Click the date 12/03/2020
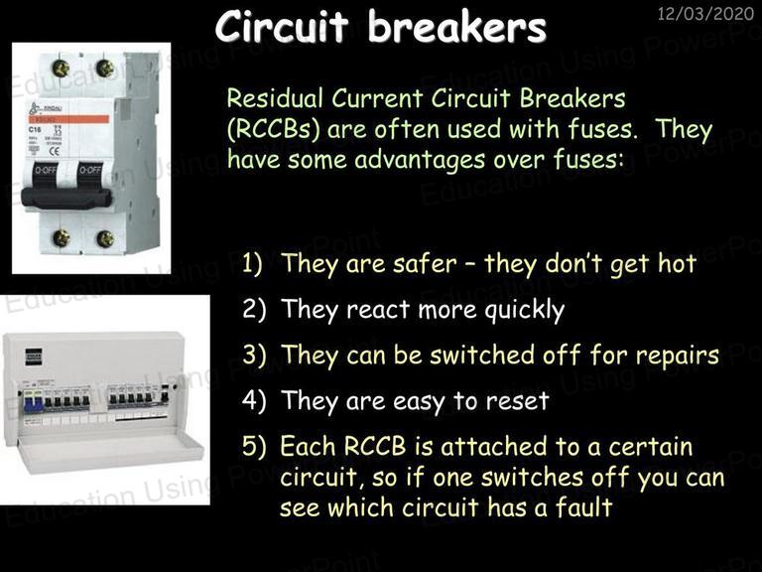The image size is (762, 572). (705, 13)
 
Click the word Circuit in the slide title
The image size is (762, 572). (282, 27)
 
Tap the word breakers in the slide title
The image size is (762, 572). (456, 27)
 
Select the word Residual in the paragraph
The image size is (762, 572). (275, 97)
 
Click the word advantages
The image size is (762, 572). (420, 160)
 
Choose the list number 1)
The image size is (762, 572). (253, 263)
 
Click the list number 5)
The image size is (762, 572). (254, 446)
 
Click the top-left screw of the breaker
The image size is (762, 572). (62, 69)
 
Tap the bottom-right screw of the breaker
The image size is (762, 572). (105, 238)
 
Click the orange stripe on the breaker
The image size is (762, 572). (68, 119)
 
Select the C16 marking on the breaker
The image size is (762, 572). (35, 130)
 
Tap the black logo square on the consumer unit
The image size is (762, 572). (33, 357)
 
